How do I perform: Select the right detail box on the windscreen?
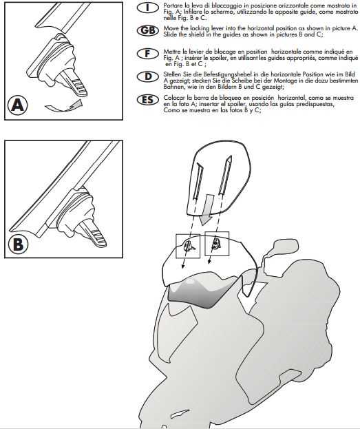(217, 242)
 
